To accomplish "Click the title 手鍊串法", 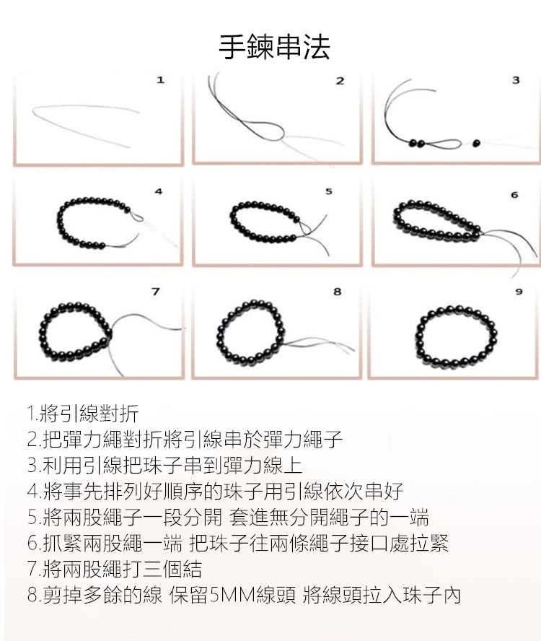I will click(x=274, y=46).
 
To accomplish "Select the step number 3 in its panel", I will click(x=515, y=80).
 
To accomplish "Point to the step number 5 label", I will click(x=328, y=192).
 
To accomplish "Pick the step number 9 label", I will click(x=517, y=292).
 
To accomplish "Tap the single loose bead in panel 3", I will click(x=476, y=143).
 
